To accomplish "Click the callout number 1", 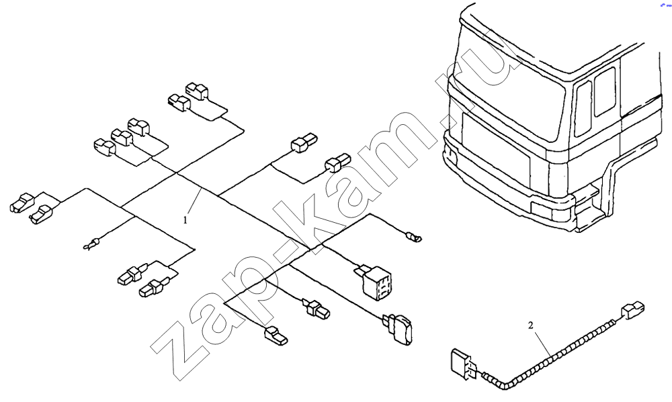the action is [185, 221].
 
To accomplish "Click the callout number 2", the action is [531, 325].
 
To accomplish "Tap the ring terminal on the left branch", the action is [91, 245].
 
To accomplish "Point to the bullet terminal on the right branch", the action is [413, 236].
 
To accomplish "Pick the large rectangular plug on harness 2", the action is [462, 364].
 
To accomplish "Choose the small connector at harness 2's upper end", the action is [632, 310].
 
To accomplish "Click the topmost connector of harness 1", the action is [197, 91].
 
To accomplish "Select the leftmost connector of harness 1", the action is [22, 203].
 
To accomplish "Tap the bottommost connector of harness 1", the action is [277, 336].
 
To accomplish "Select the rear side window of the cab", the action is [605, 91].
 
